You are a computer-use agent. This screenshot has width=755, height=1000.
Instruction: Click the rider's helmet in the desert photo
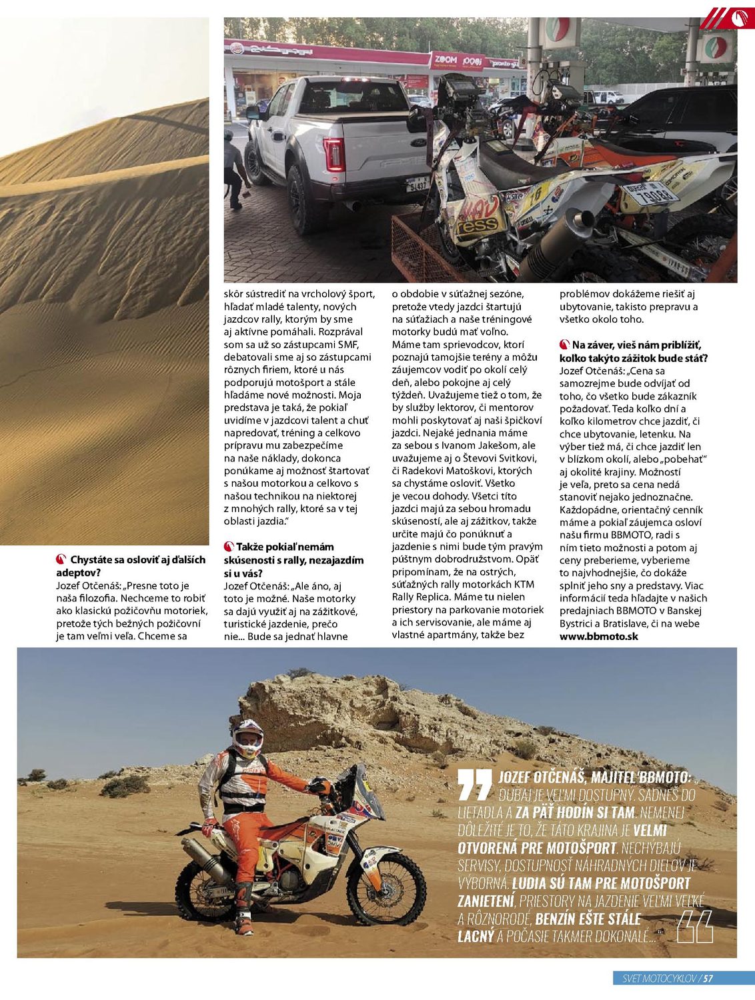point(247,738)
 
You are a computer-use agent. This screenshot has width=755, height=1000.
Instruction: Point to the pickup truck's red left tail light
point(333,154)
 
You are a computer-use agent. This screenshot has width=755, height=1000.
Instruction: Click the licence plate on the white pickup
point(418,184)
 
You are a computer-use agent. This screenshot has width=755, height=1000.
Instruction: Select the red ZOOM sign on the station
point(445,60)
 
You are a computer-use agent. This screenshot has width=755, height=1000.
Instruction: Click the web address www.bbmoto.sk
point(598,636)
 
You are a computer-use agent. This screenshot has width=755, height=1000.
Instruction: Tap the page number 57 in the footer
point(708,979)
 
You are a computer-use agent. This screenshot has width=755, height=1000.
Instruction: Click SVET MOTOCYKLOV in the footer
point(656,979)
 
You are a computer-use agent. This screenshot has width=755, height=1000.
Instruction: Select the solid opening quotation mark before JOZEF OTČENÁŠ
point(475,784)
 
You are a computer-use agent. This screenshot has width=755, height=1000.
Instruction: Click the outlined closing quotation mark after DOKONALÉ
point(695,927)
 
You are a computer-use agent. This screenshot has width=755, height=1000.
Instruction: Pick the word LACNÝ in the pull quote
point(476,936)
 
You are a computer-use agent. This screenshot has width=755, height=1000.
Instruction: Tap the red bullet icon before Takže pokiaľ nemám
point(229,547)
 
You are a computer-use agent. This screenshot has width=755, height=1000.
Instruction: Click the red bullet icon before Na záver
point(564,345)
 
